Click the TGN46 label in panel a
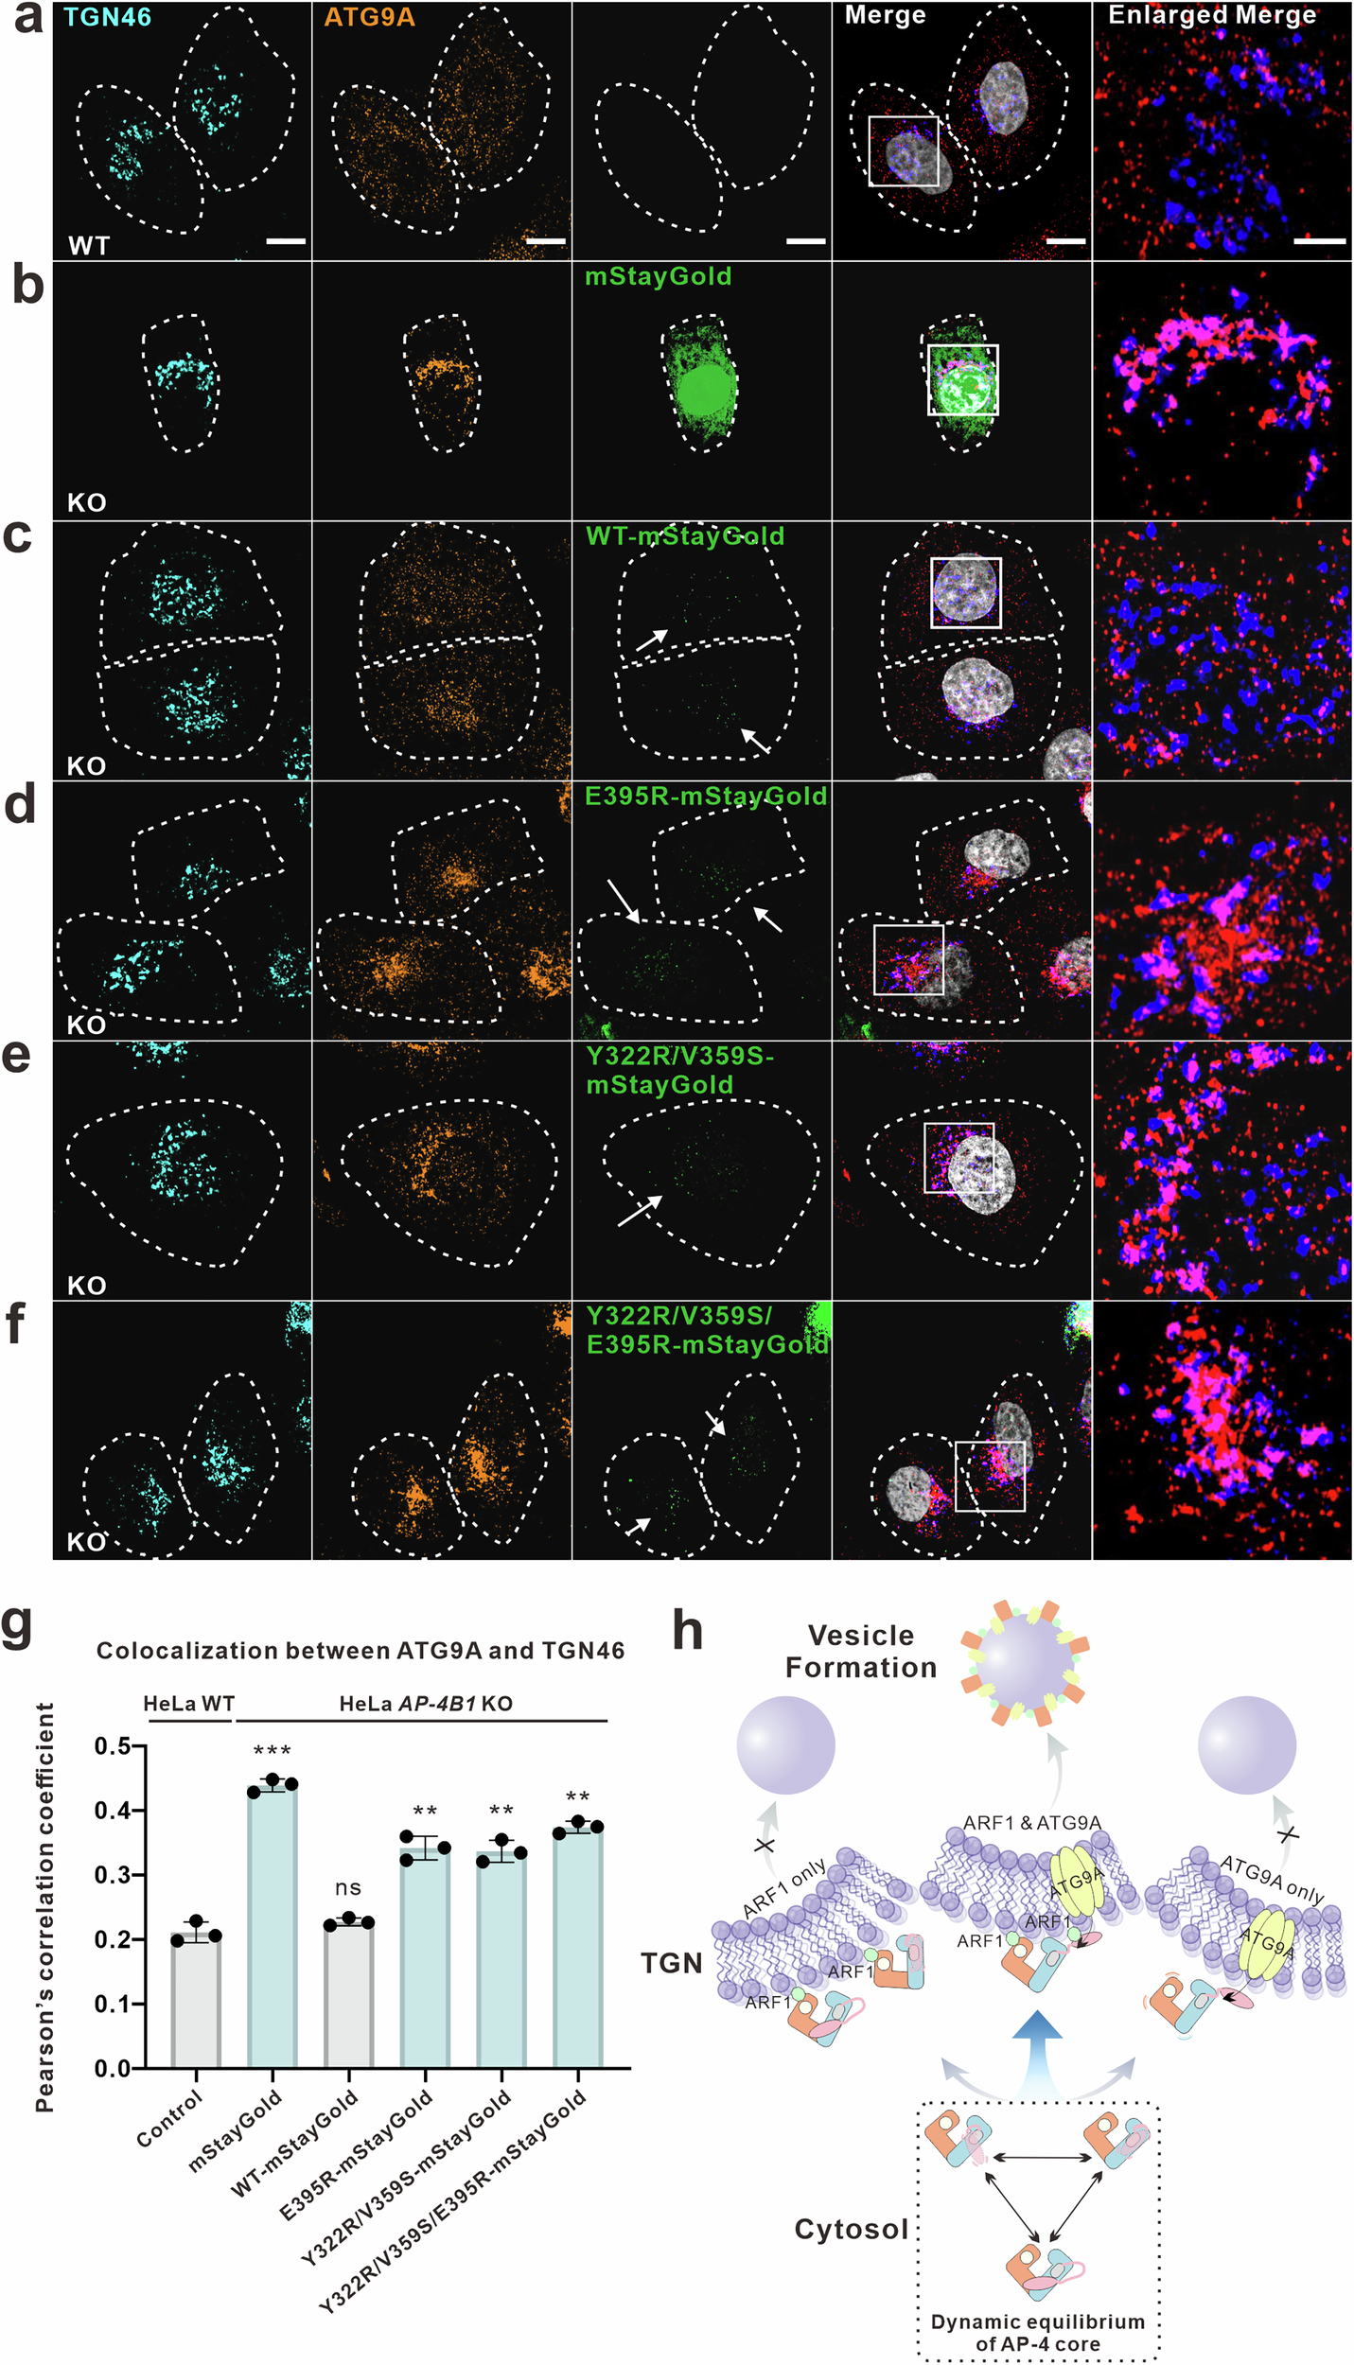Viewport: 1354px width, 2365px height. (x=107, y=16)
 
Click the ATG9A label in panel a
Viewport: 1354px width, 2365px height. (x=369, y=16)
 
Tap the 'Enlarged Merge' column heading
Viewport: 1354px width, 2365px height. (x=1212, y=15)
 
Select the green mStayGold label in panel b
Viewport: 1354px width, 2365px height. (x=659, y=276)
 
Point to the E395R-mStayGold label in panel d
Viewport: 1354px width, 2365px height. (x=706, y=796)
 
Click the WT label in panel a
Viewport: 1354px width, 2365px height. (x=89, y=246)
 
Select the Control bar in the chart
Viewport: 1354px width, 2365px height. (x=196, y=1996)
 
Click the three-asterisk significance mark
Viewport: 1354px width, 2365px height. (x=273, y=1750)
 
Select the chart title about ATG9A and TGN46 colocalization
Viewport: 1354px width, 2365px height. (x=360, y=1651)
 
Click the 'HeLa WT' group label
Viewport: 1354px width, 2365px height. (x=188, y=1704)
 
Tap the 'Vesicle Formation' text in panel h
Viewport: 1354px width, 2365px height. (x=861, y=1651)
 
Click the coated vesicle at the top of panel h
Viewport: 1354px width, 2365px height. (x=1025, y=1662)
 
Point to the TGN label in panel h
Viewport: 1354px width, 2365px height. (x=672, y=1963)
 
